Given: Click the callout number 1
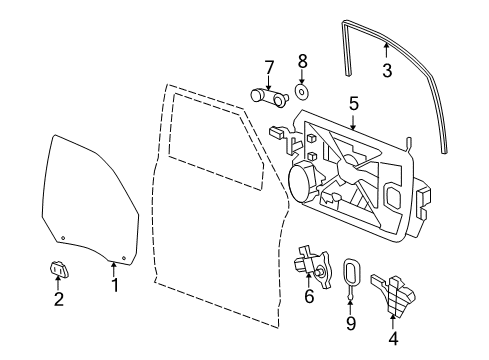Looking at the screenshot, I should pos(114,285).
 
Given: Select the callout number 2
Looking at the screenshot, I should pos(58,297).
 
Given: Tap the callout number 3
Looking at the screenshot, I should pos(387,69).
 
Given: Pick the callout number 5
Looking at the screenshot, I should pos(353,102).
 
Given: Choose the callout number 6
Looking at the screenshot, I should pos(308,296).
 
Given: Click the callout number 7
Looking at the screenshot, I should pos(268,67).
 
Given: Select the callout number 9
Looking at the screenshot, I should pos(350,322).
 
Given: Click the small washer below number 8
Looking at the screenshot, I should pos(301,94).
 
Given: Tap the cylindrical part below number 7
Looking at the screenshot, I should pos(267,96).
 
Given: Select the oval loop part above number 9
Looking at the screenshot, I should pos(351,272).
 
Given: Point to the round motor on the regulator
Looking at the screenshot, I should pos(300,184).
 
